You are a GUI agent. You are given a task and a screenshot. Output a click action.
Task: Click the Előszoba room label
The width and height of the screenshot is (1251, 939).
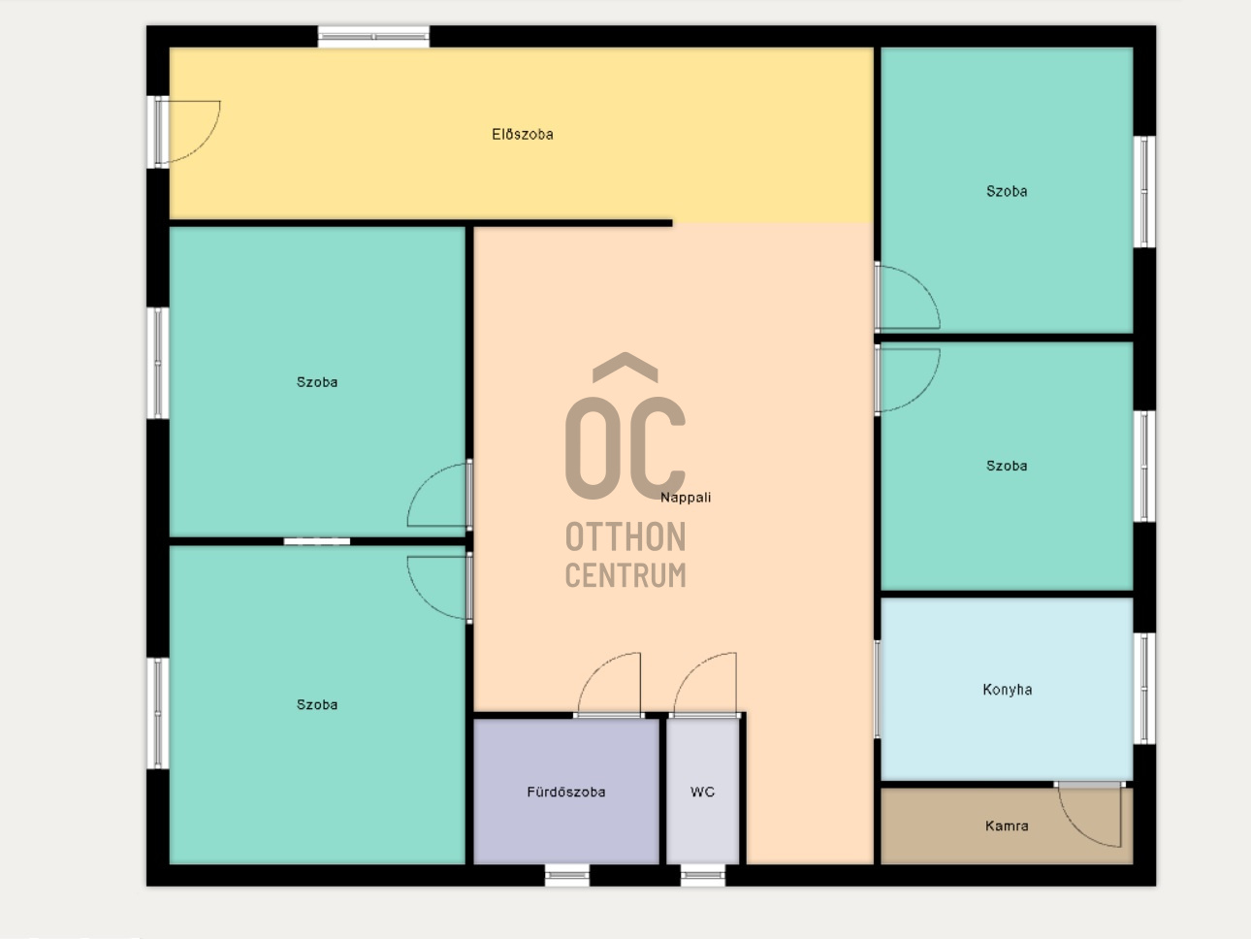pos(522,135)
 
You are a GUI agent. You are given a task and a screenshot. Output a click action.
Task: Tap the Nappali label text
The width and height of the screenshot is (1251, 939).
pos(686,498)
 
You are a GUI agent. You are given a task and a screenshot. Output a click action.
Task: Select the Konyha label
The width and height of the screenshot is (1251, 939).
pos(1007,690)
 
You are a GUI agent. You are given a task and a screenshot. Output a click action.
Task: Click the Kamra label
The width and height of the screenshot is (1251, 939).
pos(1007,826)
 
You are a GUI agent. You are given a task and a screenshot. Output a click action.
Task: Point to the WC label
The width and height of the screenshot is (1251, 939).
pos(702,792)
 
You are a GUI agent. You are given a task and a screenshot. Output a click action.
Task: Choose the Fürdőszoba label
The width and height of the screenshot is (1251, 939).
pos(566,792)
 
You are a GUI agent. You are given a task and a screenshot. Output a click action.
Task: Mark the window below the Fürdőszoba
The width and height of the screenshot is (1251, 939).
pos(567,875)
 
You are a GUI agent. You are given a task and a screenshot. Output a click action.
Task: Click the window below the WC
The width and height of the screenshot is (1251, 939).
pos(703,875)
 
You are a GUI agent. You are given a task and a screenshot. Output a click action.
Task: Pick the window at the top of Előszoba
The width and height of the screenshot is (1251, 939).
pos(373,37)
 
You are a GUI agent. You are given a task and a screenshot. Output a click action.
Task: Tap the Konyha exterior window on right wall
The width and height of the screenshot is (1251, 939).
pos(1144,688)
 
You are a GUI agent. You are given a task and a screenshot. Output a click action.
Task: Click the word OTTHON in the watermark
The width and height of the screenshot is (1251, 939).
pos(625,537)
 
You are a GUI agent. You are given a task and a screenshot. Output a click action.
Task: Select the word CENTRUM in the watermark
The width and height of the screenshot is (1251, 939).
pos(625,574)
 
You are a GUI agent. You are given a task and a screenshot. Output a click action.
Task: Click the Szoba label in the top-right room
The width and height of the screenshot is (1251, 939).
pos(1007,191)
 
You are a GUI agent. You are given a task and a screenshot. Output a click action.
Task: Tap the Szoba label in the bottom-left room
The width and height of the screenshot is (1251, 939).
pos(317,704)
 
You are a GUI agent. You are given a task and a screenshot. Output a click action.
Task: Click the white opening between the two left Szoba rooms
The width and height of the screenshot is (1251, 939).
pos(317,541)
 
